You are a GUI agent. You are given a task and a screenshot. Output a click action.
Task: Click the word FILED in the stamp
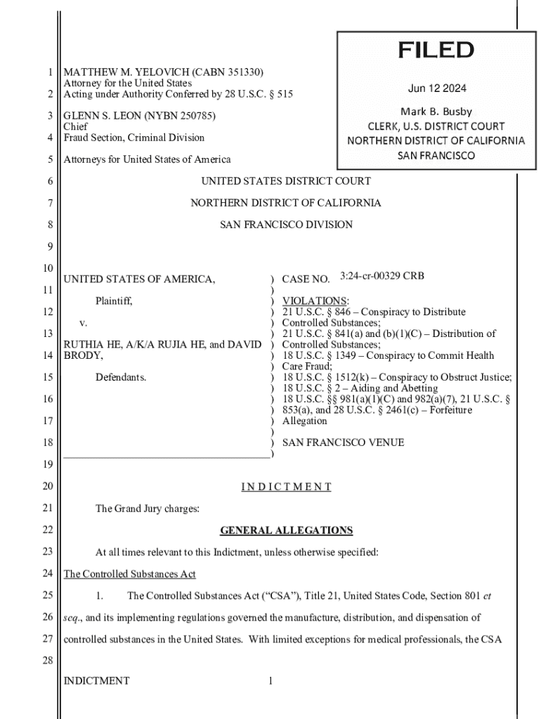click(x=436, y=51)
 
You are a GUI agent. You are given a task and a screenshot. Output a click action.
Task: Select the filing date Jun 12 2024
click(x=436, y=88)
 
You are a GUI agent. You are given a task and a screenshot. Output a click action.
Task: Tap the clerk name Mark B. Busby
click(x=436, y=112)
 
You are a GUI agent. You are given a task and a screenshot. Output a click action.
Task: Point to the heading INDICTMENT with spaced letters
click(x=286, y=487)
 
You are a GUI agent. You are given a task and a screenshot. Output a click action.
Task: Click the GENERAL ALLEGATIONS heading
click(x=286, y=530)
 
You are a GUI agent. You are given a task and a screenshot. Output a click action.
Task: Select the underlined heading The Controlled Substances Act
click(x=129, y=574)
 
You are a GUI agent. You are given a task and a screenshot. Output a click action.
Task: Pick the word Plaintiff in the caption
click(x=114, y=301)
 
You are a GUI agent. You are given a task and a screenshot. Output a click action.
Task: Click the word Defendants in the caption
click(x=121, y=378)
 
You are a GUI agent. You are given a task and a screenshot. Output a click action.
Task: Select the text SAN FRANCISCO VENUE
click(x=343, y=443)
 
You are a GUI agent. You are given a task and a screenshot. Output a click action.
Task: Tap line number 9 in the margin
click(x=51, y=246)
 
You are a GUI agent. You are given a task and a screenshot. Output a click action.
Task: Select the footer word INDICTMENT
click(x=96, y=680)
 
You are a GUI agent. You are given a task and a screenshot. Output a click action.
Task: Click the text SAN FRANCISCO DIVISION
click(x=286, y=225)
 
